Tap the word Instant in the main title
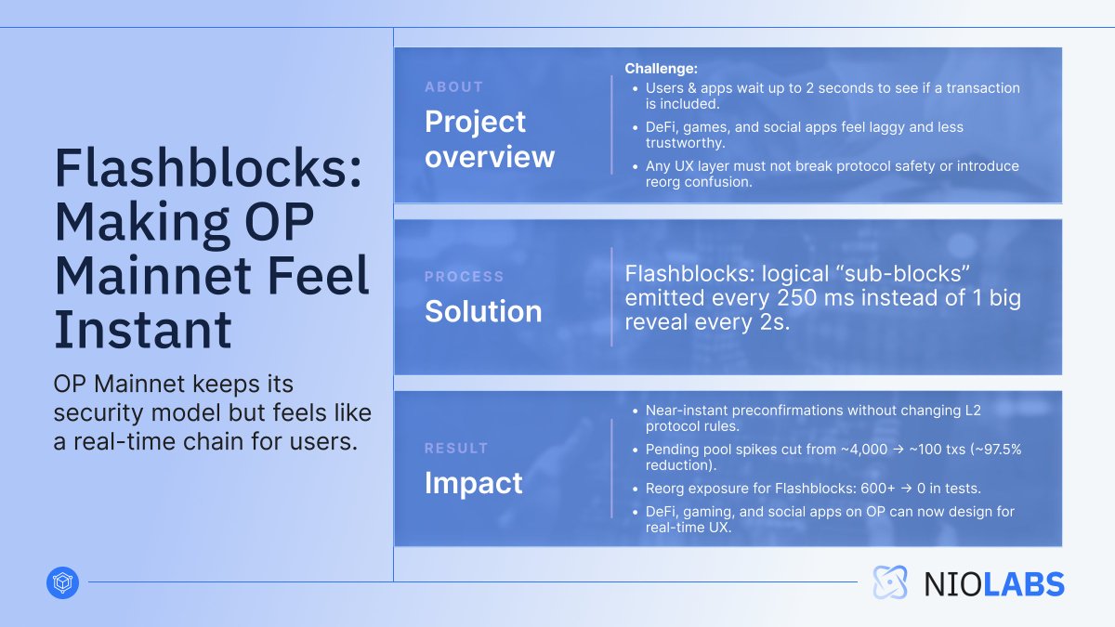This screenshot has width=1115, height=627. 142,329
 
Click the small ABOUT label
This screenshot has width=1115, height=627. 453,86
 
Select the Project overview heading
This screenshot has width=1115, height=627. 489,138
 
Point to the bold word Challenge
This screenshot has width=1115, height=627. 660,69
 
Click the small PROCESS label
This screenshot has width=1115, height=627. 464,277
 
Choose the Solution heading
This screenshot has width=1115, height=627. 483,311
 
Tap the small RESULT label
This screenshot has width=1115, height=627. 456,448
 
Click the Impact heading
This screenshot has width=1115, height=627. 474,483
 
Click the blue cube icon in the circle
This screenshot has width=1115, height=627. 62,582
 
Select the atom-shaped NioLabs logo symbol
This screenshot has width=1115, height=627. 890,582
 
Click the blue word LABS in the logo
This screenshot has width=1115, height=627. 1022,583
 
